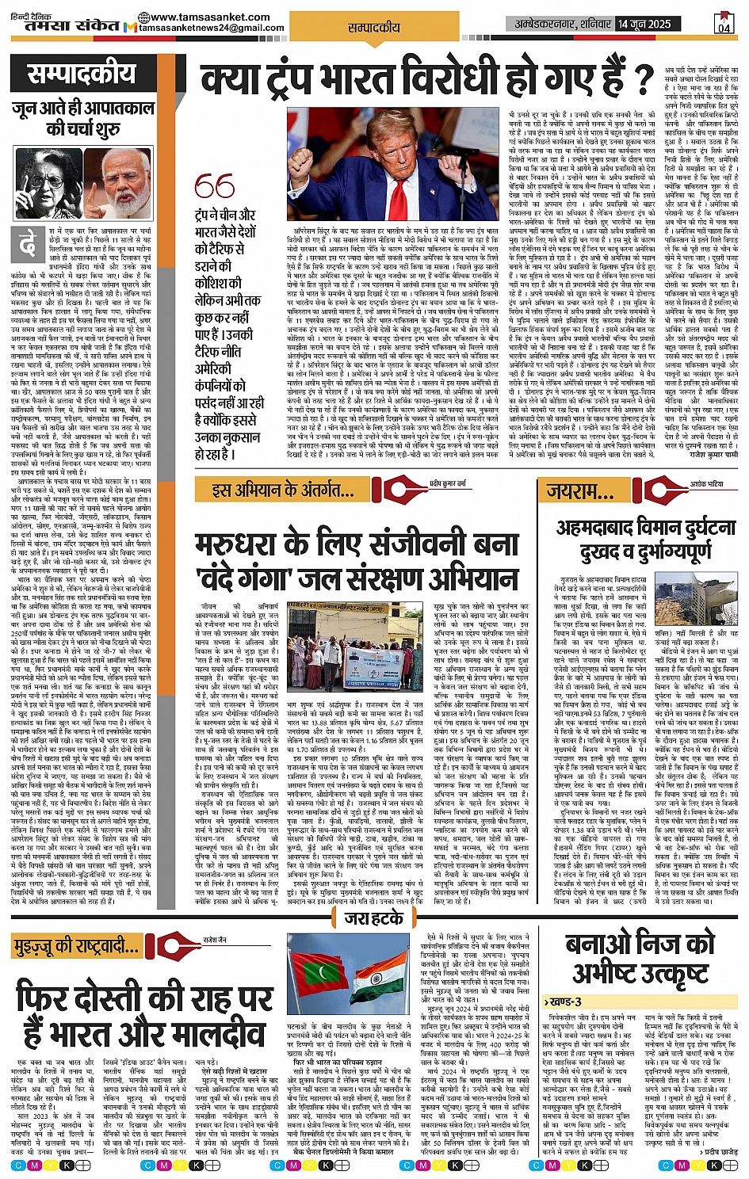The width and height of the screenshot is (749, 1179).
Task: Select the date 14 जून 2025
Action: (x=644, y=24)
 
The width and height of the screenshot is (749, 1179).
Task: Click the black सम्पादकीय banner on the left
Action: (x=82, y=74)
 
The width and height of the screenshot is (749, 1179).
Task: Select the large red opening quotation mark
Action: (x=215, y=187)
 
